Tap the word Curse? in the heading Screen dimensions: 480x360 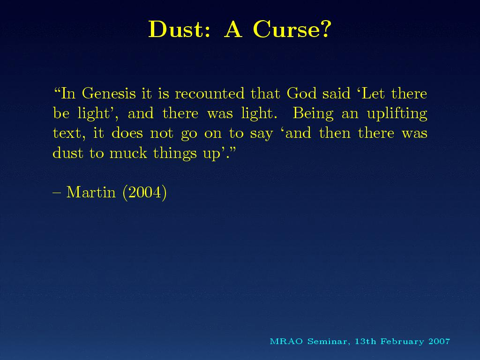point(292,29)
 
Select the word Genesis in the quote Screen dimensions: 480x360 point(109,93)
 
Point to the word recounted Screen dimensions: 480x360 point(210,93)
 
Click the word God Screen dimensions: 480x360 point(301,93)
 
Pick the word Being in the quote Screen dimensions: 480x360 point(313,113)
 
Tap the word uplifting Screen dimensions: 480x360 point(397,113)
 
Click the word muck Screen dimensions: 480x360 point(128,153)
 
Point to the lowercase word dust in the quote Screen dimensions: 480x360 point(68,153)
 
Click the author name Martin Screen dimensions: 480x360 point(91,192)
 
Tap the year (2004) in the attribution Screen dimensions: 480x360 point(144,193)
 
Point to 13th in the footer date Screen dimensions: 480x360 point(366,341)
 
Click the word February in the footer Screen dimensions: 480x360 point(402,342)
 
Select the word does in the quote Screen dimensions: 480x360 point(127,133)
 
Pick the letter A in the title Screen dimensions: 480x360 point(233,30)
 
